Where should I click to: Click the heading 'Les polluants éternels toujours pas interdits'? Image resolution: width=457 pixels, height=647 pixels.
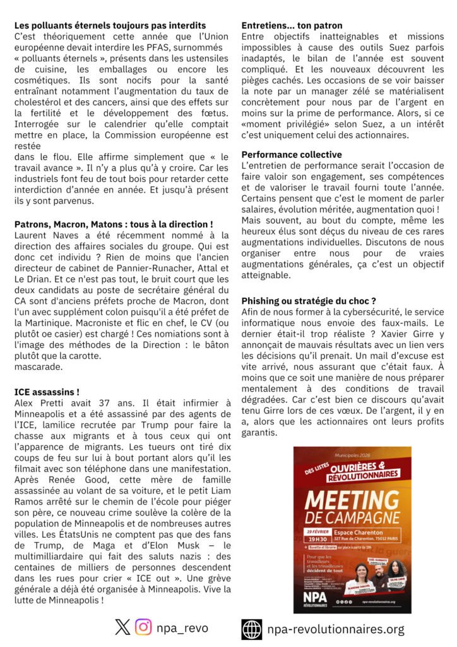110,25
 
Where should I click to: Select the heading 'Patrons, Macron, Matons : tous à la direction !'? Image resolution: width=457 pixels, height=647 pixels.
113,224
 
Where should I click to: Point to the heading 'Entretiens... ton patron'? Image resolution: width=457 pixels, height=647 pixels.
292,25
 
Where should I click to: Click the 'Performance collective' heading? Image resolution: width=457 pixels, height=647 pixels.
292,154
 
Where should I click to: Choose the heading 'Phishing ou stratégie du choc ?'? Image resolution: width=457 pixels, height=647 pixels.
309,301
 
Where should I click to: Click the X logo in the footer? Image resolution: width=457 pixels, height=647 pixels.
122,627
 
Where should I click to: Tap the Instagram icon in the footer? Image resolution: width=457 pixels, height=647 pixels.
144,627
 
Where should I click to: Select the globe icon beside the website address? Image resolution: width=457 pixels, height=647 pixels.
251,629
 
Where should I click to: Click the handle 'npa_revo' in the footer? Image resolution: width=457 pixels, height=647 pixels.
183,628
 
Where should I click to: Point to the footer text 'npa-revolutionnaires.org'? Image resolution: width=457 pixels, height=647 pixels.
336,629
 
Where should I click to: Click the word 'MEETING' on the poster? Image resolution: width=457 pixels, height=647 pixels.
352,502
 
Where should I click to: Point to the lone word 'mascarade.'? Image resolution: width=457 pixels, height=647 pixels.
38,366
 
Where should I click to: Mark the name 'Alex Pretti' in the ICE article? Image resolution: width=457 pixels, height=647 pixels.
37,403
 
